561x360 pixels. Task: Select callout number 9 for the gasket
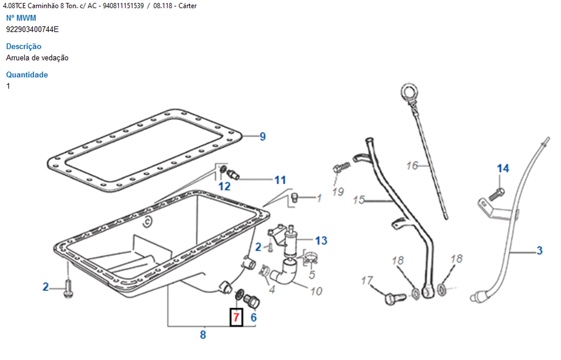[x=263, y=137]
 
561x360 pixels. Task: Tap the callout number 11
[x=280, y=180]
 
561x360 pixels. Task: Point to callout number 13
[x=321, y=241]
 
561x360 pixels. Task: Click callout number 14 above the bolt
[x=503, y=168]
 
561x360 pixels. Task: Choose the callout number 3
[x=540, y=251]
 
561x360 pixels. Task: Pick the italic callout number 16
[x=412, y=166]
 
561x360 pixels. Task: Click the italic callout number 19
[x=338, y=192]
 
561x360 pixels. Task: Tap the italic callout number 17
[x=367, y=280]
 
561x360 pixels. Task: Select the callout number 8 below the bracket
[x=203, y=335]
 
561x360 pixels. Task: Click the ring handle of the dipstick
[x=408, y=92]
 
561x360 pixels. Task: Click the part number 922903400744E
[x=32, y=30]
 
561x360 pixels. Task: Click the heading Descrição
[x=24, y=46]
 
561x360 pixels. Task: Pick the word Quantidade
[x=27, y=75]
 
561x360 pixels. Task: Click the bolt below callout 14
[x=496, y=194]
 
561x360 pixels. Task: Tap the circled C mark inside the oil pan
[x=145, y=220]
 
